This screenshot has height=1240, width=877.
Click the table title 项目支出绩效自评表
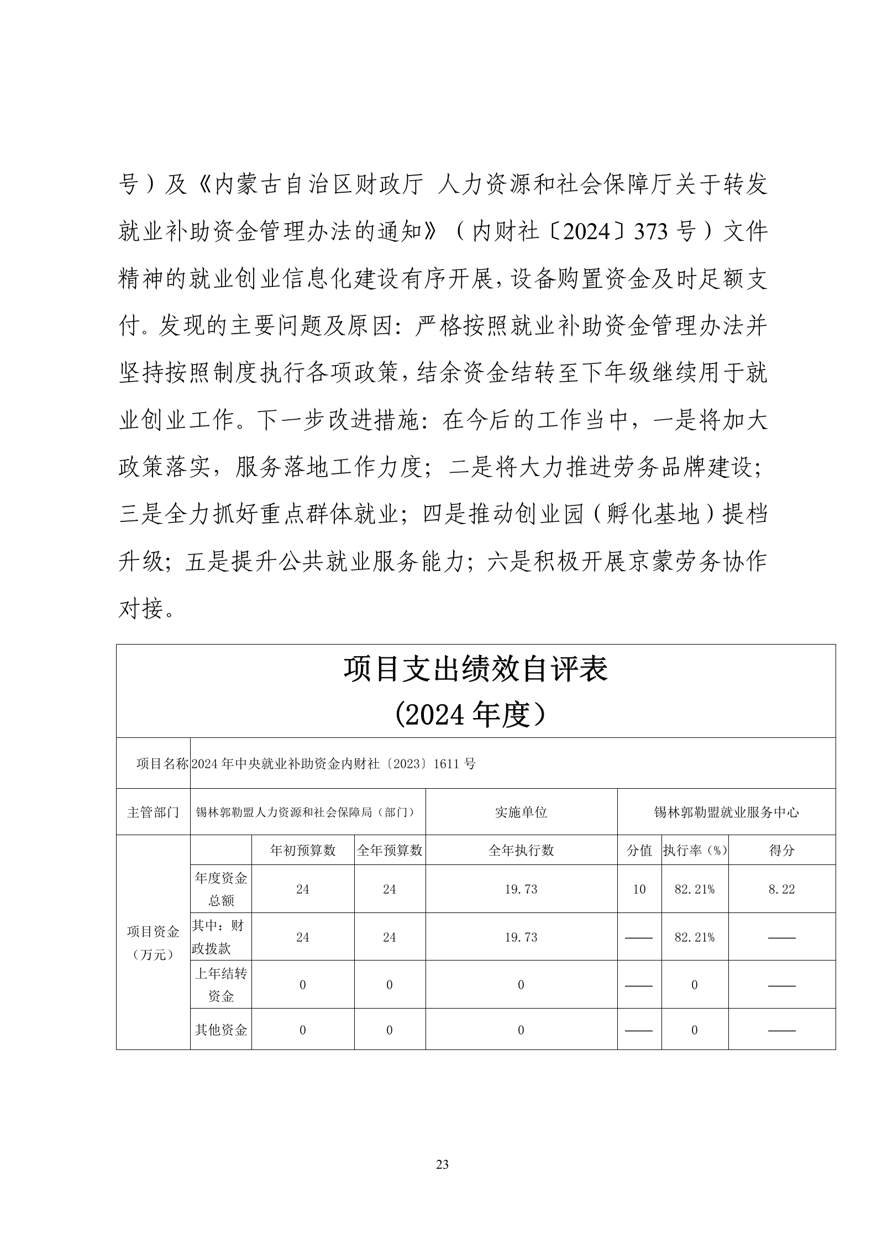(475, 669)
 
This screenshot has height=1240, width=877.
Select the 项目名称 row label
(162, 764)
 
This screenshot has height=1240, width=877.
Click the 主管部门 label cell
(153, 812)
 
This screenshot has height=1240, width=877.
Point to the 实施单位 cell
(521, 812)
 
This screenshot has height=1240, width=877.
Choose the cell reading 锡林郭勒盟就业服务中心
(726, 812)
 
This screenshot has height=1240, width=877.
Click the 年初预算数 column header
(302, 851)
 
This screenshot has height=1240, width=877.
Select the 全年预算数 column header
(390, 851)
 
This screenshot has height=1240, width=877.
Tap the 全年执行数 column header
(521, 851)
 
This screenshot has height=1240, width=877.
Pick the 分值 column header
(639, 851)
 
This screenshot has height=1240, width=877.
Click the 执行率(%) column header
(695, 851)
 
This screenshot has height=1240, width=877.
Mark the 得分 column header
(781, 851)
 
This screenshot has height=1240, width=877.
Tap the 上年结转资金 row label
(220, 985)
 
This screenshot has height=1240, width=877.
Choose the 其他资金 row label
(220, 1030)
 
